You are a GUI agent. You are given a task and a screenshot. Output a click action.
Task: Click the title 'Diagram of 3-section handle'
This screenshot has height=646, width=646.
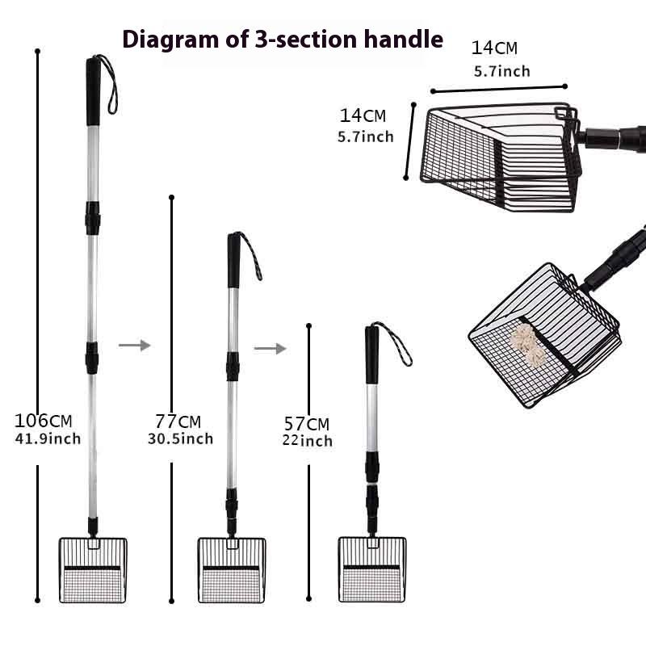pos(282,38)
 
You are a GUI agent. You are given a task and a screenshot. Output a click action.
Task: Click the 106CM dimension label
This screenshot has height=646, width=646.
pos(44,421)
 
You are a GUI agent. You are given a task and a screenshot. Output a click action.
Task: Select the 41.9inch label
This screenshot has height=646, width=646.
pos(48,439)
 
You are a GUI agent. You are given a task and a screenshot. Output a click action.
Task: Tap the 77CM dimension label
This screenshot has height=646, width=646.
pos(178,422)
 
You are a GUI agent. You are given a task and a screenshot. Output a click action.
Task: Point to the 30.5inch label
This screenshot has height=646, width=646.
pos(180,438)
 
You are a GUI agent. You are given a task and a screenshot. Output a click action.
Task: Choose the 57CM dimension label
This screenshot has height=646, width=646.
pos(307,424)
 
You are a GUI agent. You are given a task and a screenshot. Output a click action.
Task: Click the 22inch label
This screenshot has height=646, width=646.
pos(308,441)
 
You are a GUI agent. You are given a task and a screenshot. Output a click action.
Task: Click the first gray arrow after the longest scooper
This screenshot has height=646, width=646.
pos(134,345)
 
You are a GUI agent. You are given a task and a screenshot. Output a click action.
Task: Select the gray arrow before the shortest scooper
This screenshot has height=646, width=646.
pos(270,348)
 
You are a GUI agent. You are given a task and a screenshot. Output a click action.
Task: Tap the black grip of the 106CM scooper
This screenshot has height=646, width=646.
pos(93,90)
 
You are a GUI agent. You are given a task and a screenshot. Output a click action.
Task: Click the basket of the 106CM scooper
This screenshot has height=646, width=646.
pos(92,568)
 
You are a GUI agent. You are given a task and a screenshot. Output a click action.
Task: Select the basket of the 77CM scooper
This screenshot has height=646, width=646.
pos(231,568)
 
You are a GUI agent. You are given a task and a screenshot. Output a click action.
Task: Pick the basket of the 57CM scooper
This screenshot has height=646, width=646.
pos(372,568)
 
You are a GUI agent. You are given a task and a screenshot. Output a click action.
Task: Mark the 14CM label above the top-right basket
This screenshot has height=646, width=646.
pos(495,48)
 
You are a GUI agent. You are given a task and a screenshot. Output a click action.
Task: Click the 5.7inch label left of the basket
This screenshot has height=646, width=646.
pos(365,136)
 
